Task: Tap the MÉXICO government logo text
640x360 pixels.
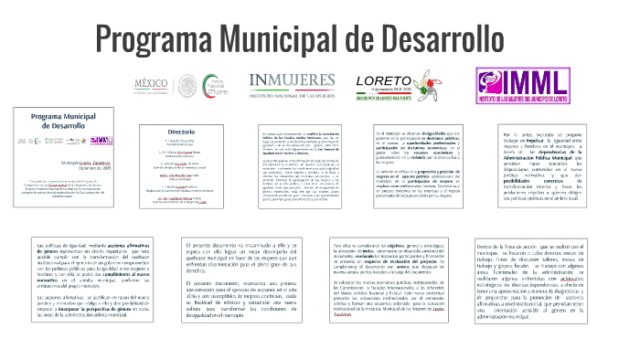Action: click(152, 85)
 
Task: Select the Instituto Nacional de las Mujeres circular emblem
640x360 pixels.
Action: click(218, 85)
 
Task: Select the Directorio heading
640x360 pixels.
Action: click(183, 132)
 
